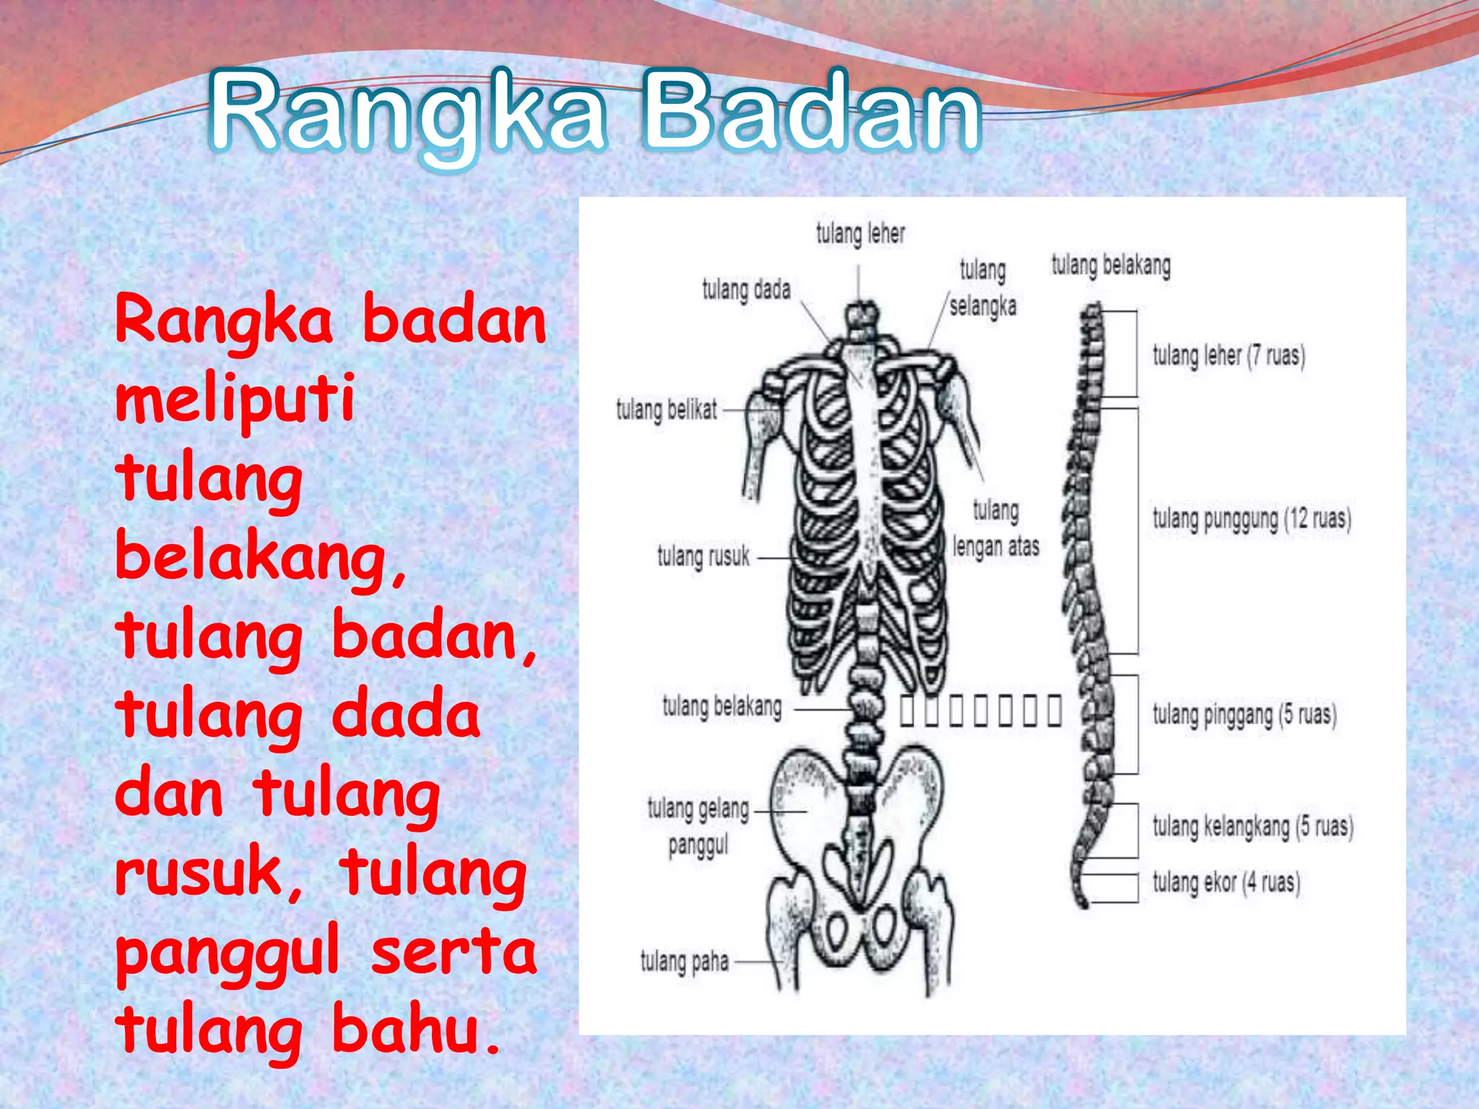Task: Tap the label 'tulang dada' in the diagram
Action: [746, 290]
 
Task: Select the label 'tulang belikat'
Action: [666, 410]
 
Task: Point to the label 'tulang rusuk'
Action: [703, 557]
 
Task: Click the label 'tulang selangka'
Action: [982, 289]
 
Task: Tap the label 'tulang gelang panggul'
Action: [698, 827]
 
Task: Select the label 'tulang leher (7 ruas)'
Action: [1228, 356]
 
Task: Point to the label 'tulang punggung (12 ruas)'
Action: [1252, 519]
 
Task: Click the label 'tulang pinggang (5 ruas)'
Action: [1244, 715]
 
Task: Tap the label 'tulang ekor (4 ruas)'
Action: [1226, 882]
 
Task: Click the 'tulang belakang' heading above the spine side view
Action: [1111, 266]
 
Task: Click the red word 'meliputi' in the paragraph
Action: [235, 399]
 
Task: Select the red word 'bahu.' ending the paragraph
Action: [416, 1030]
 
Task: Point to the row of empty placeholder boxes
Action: [981, 710]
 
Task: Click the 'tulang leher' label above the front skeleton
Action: [860, 234]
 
